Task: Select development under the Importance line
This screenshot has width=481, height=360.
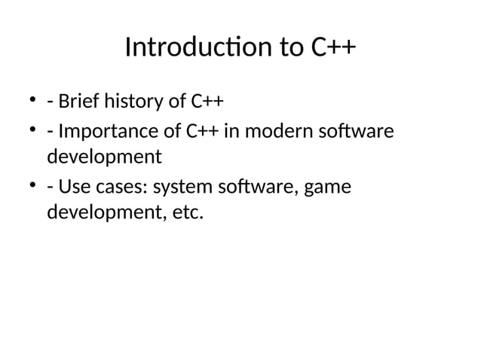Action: (x=104, y=158)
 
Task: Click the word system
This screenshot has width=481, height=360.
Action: (x=182, y=185)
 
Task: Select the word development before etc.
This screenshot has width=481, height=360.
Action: (x=104, y=212)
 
